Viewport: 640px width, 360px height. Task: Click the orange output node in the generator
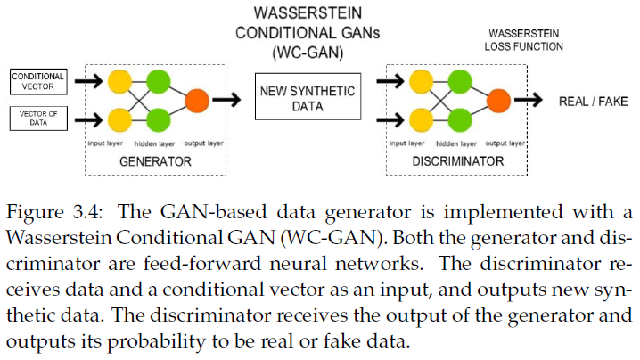(198, 100)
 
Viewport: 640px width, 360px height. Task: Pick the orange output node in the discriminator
(499, 100)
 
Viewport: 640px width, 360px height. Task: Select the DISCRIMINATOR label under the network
(460, 161)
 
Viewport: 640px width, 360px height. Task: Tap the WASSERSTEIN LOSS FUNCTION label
(525, 39)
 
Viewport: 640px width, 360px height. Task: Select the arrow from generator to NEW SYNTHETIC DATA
(231, 100)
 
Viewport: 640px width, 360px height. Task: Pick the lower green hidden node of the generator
(159, 118)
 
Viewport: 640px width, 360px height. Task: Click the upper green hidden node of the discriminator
(460, 83)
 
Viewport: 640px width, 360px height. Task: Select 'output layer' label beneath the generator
(203, 143)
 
